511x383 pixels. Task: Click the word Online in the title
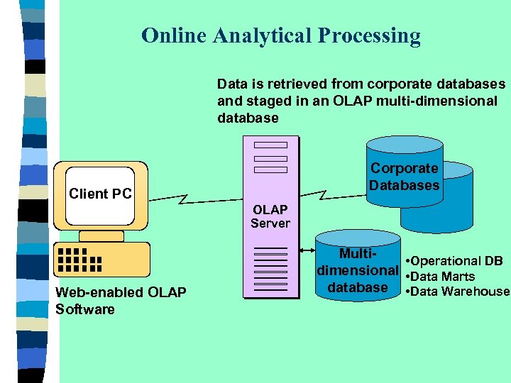click(x=169, y=35)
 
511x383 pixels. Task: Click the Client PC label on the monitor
click(x=99, y=194)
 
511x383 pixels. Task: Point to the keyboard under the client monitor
click(x=101, y=260)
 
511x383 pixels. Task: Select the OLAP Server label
click(x=270, y=216)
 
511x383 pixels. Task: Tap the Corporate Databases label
click(x=405, y=177)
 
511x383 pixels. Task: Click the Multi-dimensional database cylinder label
click(x=358, y=270)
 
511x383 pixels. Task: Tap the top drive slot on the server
click(x=270, y=146)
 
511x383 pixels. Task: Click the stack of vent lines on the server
click(x=270, y=271)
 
